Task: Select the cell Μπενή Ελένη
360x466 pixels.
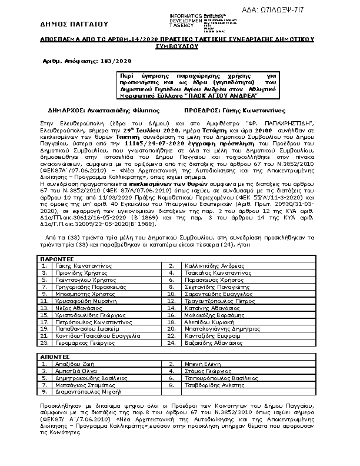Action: click(201, 364)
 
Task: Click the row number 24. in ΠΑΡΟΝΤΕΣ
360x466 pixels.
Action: click(172, 342)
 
